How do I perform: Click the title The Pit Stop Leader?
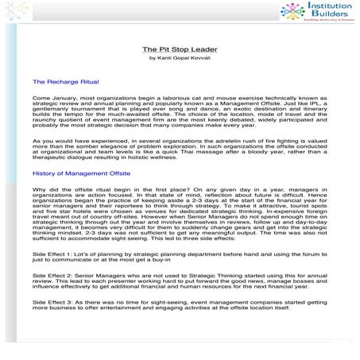(x=179, y=48)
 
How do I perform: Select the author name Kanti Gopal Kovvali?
(x=180, y=58)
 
